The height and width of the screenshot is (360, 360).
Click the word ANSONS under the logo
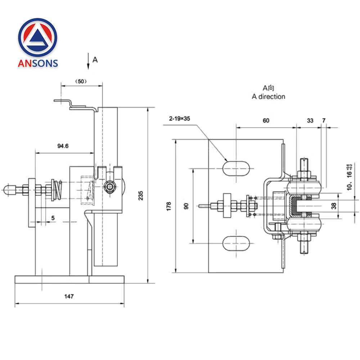[38, 63]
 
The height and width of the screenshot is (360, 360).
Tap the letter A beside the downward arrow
[95, 60]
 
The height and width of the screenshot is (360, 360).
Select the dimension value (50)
[81, 82]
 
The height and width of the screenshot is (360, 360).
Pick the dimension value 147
[69, 296]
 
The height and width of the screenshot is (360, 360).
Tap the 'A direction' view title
[269, 96]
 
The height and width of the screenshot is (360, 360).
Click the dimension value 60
[266, 121]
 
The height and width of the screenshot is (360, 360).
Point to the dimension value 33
[310, 121]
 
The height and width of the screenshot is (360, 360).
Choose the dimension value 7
[324, 121]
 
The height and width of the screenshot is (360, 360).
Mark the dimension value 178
[169, 206]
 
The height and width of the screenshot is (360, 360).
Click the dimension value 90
[186, 206]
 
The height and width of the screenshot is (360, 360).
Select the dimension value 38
[333, 206]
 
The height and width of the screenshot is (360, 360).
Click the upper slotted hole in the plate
[236, 168]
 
